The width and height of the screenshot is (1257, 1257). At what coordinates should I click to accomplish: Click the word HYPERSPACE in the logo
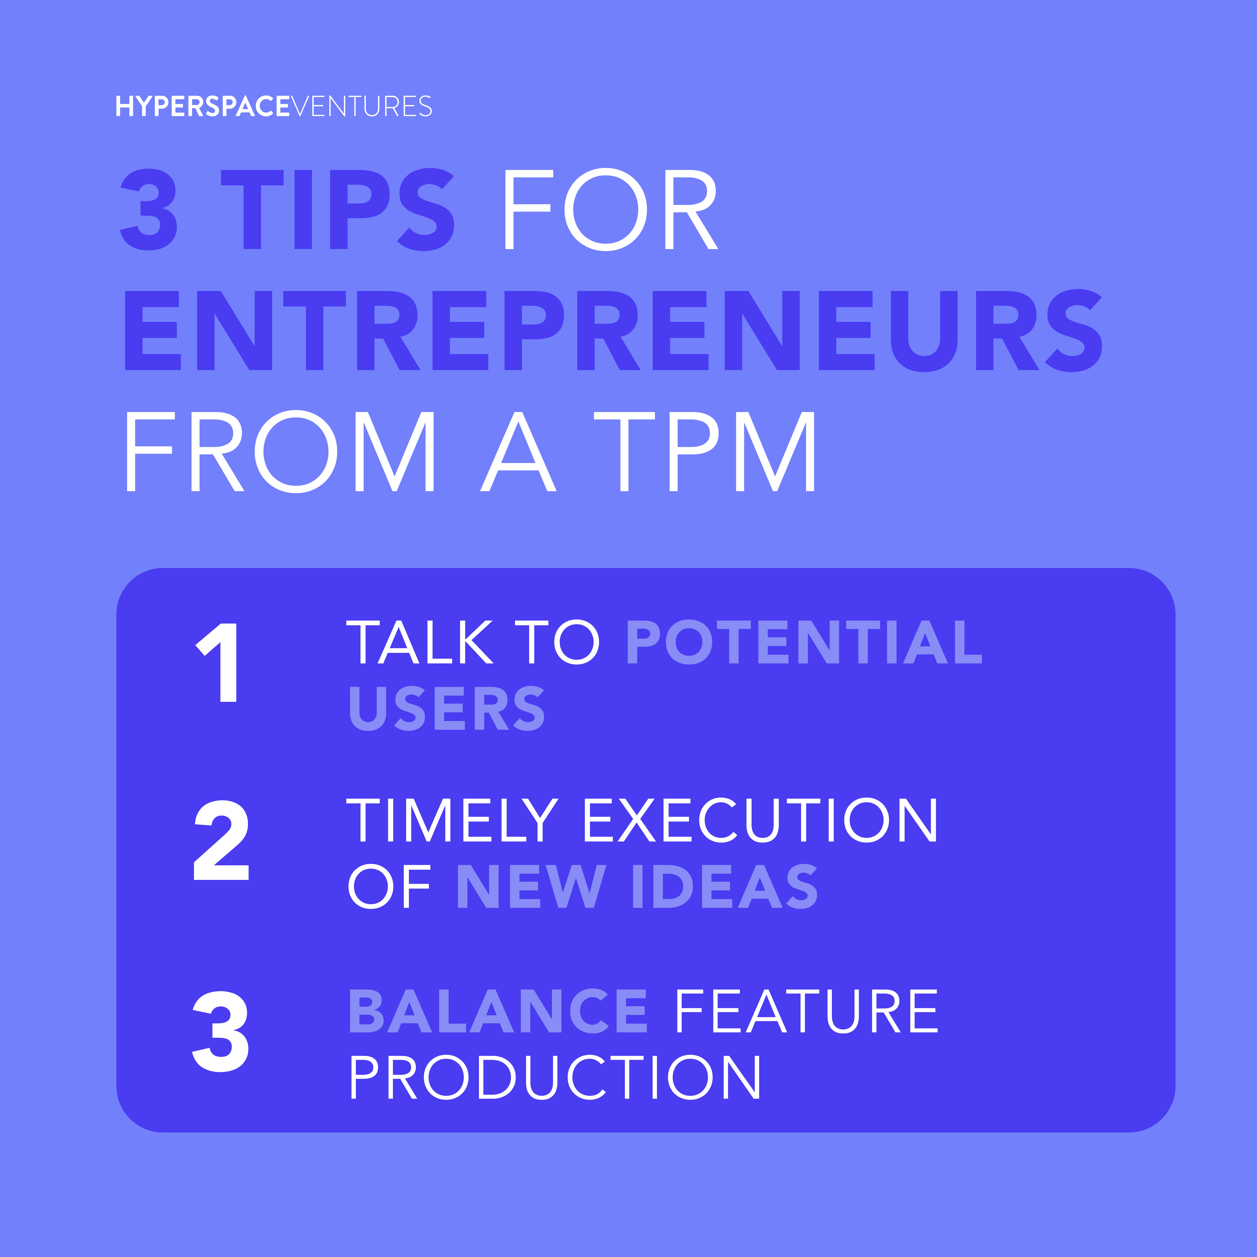202,106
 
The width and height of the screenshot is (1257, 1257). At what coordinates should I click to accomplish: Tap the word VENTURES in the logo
361,106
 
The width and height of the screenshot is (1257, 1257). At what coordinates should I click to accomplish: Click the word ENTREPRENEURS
613,331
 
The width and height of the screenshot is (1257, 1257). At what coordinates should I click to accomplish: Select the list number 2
221,840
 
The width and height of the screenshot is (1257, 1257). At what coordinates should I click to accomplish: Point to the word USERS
447,708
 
